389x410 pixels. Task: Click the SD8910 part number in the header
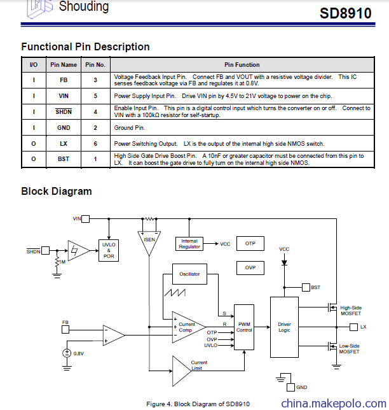[x=345, y=13]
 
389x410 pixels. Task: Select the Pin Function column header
[x=242, y=64]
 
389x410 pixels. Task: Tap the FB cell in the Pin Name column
[x=64, y=80]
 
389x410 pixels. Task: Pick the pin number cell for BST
[x=95, y=159]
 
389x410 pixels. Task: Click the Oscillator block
[x=189, y=274]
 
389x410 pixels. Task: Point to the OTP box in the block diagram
[x=250, y=243]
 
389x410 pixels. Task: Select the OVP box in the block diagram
[x=250, y=268]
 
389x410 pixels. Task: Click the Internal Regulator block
[x=189, y=244]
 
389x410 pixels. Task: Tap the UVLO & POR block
[x=109, y=250]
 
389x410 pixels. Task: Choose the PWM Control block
[x=244, y=327]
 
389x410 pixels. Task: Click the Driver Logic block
[x=284, y=327]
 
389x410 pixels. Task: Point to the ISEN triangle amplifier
[x=149, y=242]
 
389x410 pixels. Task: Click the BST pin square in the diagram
[x=306, y=287]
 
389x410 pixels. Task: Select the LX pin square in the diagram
[x=353, y=327]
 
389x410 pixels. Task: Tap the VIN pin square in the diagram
[x=85, y=218]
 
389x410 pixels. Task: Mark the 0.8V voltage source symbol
[x=67, y=353]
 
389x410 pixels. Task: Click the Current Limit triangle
[x=182, y=371]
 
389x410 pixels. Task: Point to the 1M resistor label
[x=62, y=262]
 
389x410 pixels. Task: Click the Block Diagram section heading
[x=57, y=191]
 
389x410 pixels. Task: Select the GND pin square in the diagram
[x=290, y=387]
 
